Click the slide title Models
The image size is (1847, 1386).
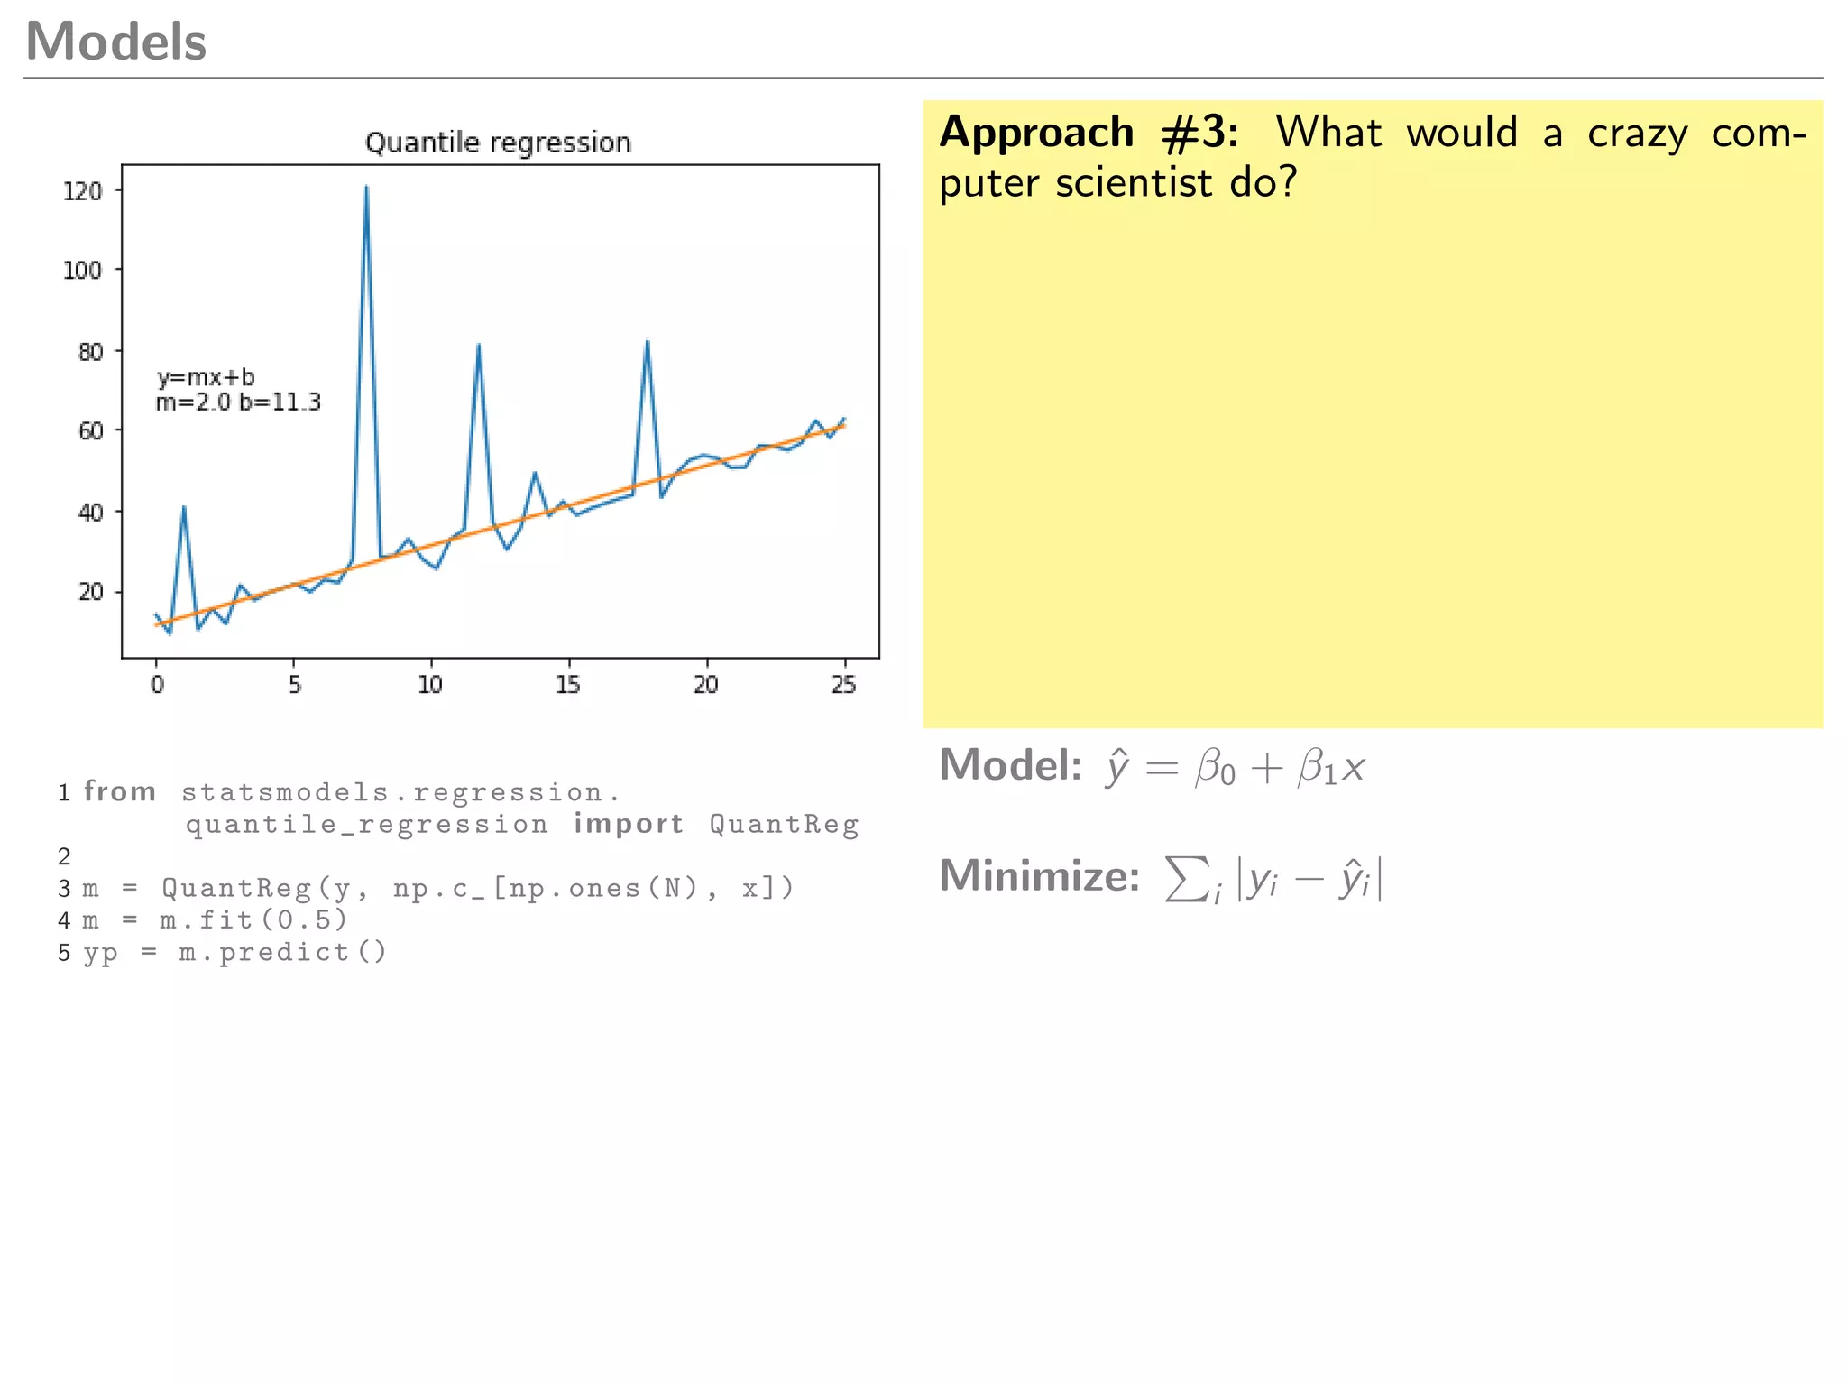tap(116, 42)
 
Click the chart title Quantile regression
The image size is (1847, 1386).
tap(498, 143)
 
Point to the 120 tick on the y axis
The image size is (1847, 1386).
tap(82, 191)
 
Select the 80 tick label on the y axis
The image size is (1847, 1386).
tap(90, 351)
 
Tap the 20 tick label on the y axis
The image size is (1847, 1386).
tap(90, 592)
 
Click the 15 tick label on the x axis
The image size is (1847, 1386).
tap(568, 685)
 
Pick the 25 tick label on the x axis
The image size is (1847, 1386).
tap(844, 685)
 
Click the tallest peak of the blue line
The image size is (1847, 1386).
tap(366, 188)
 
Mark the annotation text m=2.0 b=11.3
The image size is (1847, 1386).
tap(238, 402)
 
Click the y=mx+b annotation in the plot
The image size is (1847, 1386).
tap(206, 377)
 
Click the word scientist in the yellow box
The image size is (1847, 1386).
tap(1134, 183)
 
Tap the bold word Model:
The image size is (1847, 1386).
tap(1010, 765)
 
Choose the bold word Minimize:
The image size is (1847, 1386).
tap(1040, 875)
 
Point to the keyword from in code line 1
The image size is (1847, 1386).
tap(120, 791)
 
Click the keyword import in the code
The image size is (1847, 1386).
tap(629, 824)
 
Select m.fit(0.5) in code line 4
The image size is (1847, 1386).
tap(253, 919)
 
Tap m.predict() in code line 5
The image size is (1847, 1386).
tap(282, 952)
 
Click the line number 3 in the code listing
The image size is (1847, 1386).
tap(64, 889)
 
